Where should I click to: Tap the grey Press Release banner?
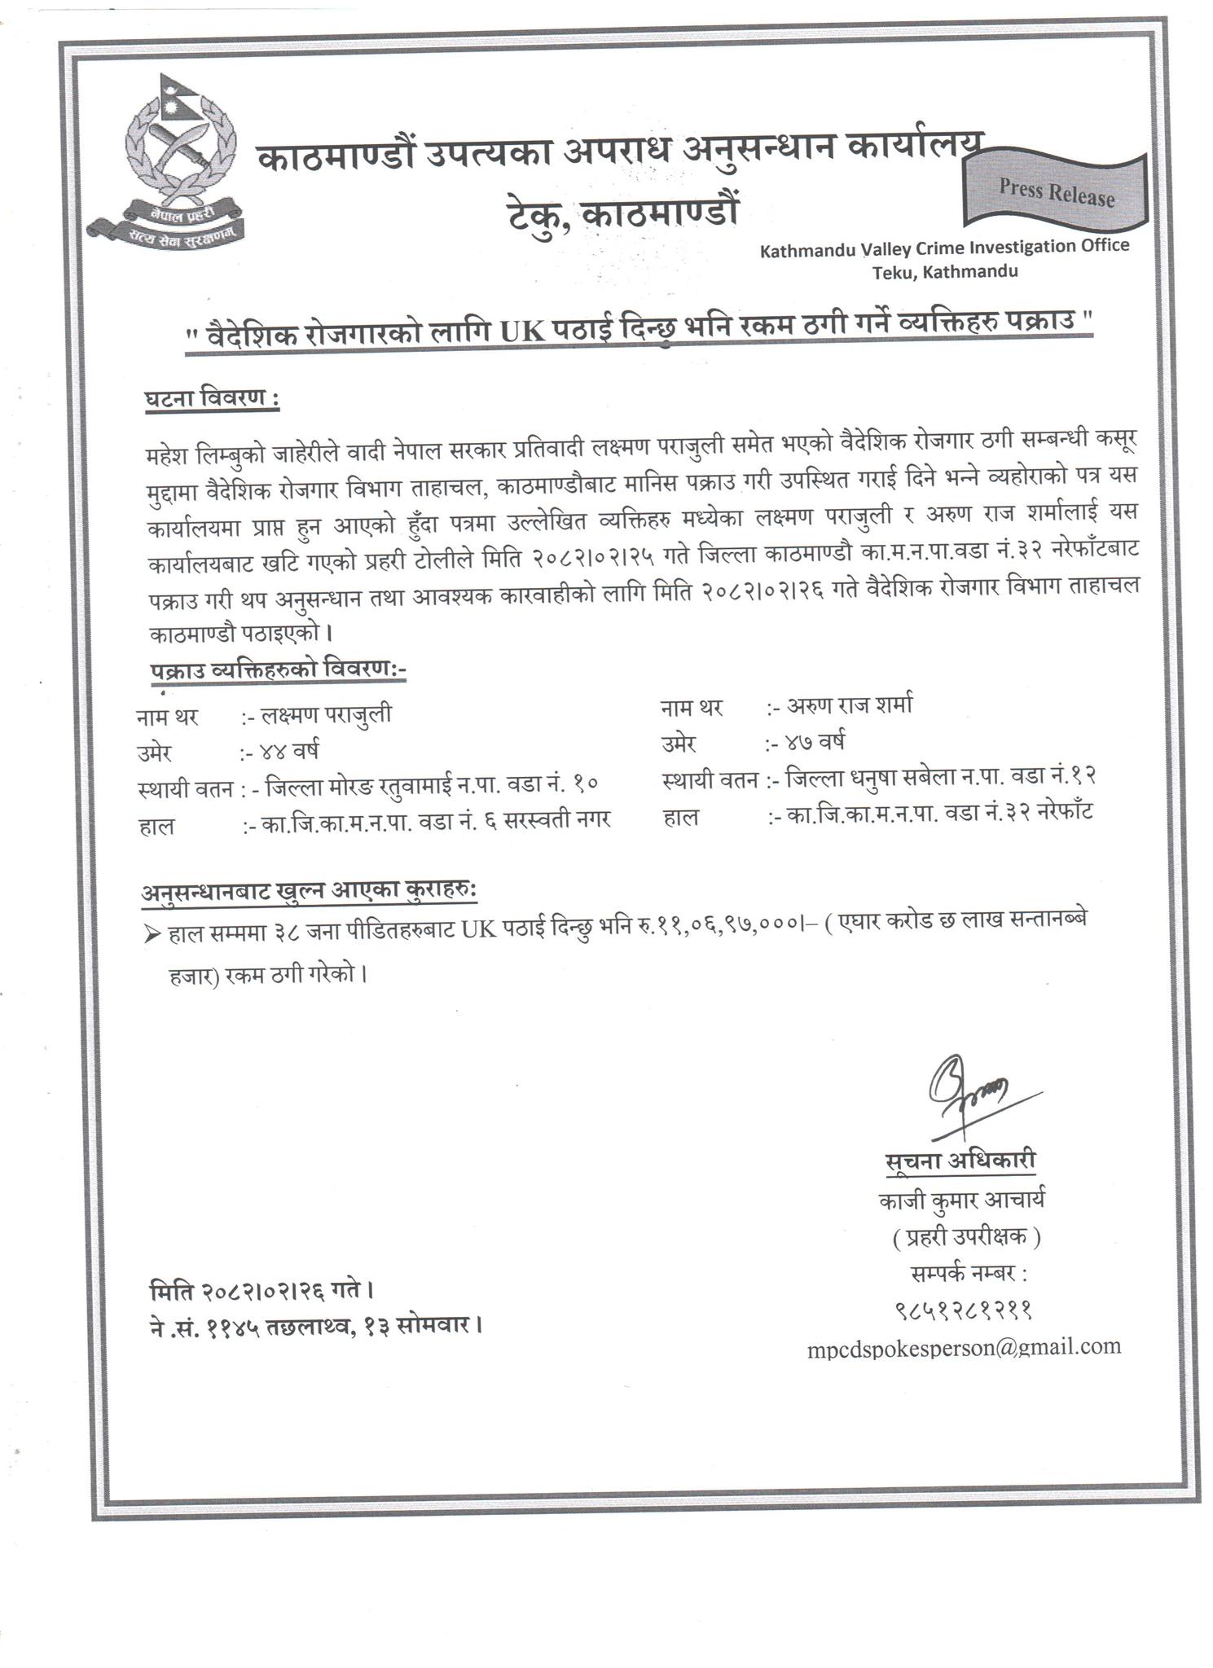1056,193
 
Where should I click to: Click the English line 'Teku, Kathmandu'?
944,272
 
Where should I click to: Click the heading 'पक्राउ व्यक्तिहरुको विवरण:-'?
277,669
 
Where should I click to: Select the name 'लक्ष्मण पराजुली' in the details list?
326,714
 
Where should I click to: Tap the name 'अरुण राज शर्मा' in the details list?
850,705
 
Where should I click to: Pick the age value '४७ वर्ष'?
815,742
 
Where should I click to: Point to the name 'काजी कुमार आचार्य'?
961,1201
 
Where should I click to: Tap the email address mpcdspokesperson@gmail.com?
964,1348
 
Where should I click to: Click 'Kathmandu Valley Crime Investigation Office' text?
944,248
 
